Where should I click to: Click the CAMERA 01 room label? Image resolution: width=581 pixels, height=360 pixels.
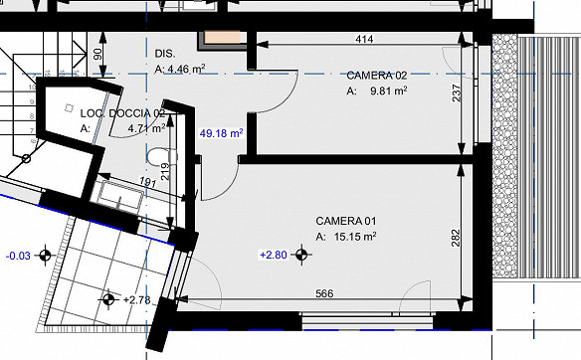[x=345, y=221]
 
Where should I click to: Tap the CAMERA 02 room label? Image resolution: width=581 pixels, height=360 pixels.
[x=377, y=76]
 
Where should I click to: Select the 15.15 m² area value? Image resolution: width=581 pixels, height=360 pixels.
[x=355, y=237]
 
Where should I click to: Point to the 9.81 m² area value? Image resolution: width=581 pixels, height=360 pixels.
[x=389, y=90]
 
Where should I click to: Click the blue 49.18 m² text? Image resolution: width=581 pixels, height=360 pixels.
[x=221, y=133]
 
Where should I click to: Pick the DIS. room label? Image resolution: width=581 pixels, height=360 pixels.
[x=165, y=54]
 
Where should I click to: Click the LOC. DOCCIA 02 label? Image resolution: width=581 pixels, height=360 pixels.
[x=122, y=113]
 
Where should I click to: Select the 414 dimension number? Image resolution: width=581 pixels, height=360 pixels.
[x=364, y=39]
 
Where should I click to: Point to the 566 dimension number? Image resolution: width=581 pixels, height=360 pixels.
[x=324, y=293]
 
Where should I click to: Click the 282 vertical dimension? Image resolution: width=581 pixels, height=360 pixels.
[x=456, y=238]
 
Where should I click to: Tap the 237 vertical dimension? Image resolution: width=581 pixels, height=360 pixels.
[x=456, y=92]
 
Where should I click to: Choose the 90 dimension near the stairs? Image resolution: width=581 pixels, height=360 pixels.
[x=97, y=55]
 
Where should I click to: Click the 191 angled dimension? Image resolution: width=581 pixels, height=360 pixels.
[x=147, y=181]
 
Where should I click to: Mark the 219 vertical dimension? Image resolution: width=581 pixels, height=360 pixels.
[x=165, y=171]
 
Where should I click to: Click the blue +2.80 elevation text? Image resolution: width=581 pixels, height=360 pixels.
[x=274, y=255]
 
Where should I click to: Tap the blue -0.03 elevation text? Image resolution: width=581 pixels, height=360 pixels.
[x=18, y=256]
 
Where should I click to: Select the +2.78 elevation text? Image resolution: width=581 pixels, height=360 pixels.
[x=136, y=299]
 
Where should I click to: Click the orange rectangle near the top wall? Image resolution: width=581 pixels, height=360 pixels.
[x=222, y=38]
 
